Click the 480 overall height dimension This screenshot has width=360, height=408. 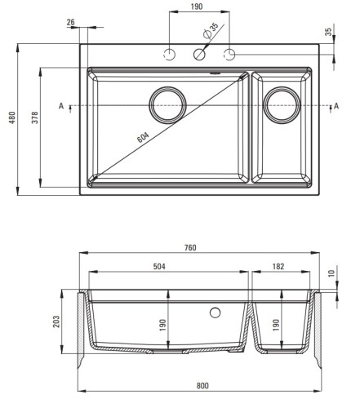click(x=12, y=118)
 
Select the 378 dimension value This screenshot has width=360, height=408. click(x=35, y=118)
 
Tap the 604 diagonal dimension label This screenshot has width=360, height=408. click(x=143, y=137)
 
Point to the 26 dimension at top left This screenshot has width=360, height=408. click(x=71, y=22)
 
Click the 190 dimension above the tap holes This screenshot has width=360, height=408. click(x=197, y=7)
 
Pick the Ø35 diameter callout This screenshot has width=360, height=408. click(x=211, y=30)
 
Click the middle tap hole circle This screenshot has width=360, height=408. click(x=199, y=55)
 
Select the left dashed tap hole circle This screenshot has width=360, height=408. click(x=169, y=55)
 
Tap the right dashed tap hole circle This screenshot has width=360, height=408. click(x=229, y=55)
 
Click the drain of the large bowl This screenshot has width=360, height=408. click(x=167, y=105)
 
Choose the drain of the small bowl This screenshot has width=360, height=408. click(x=282, y=105)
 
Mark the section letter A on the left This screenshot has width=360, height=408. click(x=61, y=105)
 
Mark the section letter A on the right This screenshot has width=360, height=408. click(x=336, y=105)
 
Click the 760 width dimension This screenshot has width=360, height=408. click(x=190, y=247)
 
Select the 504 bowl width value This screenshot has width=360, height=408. click(x=159, y=266)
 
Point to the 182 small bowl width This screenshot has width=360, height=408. click(x=278, y=266)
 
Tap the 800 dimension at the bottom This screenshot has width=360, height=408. click(x=202, y=385)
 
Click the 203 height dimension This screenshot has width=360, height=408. click(x=56, y=322)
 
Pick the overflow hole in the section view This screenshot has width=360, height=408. click(x=215, y=313)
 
